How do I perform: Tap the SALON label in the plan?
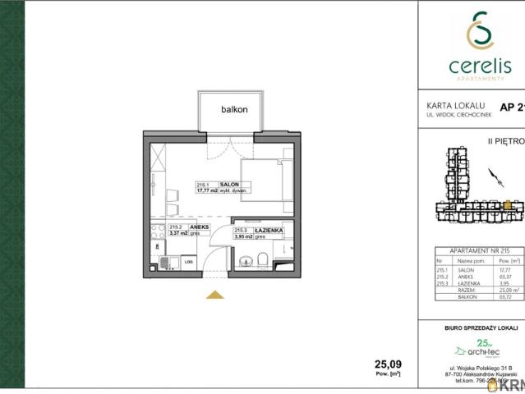228,185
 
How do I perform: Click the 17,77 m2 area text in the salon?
207,191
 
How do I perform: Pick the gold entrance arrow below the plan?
214,295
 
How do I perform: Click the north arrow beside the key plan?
492,175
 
